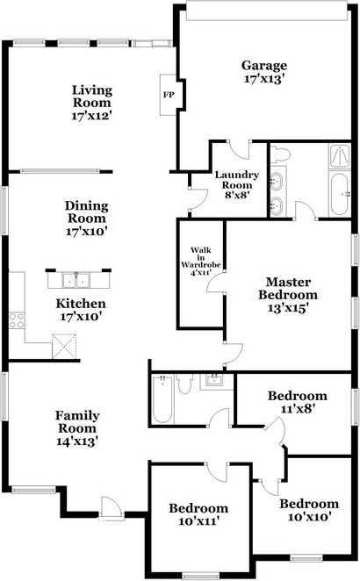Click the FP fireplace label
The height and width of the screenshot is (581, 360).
(169, 95)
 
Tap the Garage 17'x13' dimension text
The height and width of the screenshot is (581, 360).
(264, 79)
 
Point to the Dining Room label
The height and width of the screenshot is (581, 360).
(87, 212)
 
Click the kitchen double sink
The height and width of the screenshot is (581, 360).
(76, 280)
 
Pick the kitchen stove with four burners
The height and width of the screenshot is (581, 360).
(17, 320)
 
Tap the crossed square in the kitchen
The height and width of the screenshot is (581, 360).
(64, 346)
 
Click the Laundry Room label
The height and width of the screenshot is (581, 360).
(237, 180)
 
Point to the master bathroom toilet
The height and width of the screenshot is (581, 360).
(279, 154)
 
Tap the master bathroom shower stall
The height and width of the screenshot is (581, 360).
(339, 156)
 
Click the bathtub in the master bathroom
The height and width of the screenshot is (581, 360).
(339, 194)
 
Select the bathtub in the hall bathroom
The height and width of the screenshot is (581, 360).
(162, 398)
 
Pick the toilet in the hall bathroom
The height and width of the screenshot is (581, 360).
(184, 384)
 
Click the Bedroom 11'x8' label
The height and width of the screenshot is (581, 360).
(298, 402)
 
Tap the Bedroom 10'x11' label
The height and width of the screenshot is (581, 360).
(198, 514)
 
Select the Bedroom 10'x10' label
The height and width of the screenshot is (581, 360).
(309, 510)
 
